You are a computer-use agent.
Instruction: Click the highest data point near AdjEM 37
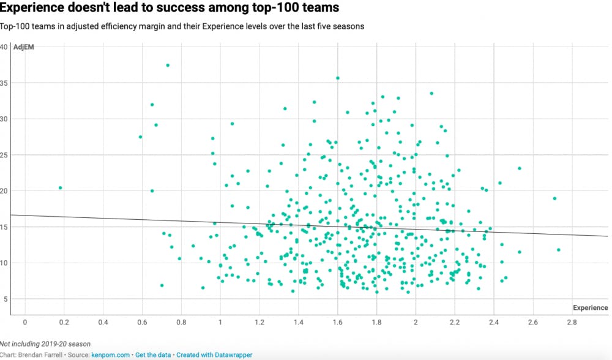(x=168, y=66)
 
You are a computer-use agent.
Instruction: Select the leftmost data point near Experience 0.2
(x=61, y=188)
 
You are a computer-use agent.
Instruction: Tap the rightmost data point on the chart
(x=559, y=250)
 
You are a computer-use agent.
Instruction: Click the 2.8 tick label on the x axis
(x=572, y=322)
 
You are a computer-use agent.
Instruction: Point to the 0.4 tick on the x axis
(x=103, y=322)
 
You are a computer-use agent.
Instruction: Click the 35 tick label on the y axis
(x=4, y=83)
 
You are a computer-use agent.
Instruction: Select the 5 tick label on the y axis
(x=5, y=299)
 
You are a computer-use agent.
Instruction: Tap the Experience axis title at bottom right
(x=590, y=308)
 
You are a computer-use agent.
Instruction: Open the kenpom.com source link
(x=110, y=355)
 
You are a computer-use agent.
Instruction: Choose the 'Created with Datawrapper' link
(x=213, y=355)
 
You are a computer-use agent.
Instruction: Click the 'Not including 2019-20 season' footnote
(x=45, y=344)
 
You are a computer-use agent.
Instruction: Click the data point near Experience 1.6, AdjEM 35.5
(x=337, y=78)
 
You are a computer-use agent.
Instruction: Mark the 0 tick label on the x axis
(x=25, y=322)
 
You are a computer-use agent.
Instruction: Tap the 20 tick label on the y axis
(x=4, y=191)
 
